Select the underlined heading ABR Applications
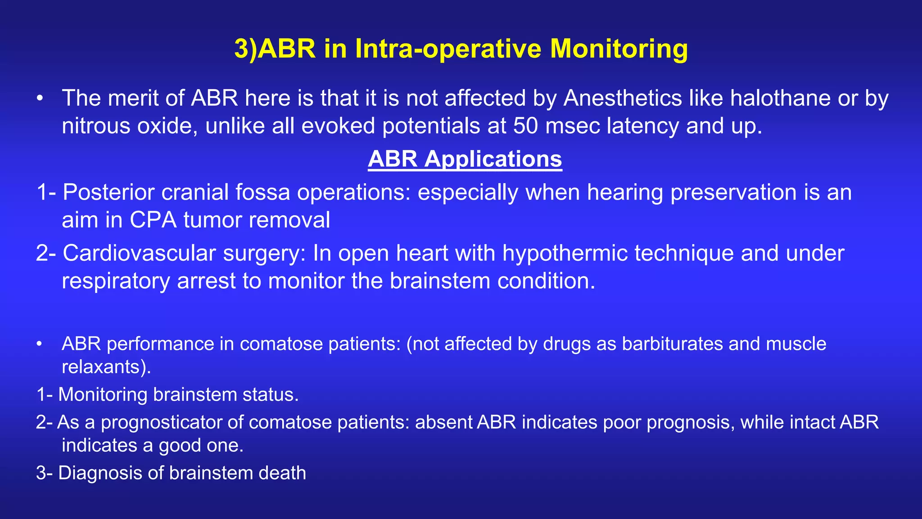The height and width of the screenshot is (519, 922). point(465,159)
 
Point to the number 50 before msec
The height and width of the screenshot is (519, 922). point(525,126)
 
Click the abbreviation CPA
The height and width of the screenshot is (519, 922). point(153,220)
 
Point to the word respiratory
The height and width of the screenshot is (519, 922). point(115,281)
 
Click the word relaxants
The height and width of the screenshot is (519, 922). point(103,367)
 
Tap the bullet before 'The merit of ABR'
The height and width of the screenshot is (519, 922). point(40,99)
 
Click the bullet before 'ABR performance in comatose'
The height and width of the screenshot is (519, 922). point(40,344)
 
